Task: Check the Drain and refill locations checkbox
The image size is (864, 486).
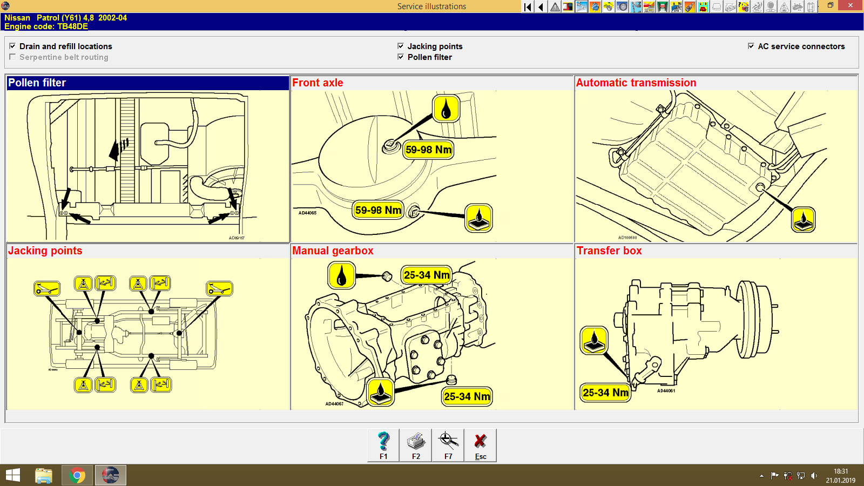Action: (x=12, y=46)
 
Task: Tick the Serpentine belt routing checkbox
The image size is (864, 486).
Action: (x=12, y=57)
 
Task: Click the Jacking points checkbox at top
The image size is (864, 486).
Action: (x=401, y=46)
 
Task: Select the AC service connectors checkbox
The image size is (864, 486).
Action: (x=751, y=46)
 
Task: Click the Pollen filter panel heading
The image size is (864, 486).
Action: (x=37, y=83)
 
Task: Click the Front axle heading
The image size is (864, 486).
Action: (x=318, y=83)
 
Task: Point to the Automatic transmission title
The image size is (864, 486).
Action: (x=636, y=83)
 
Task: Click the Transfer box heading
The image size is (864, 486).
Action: (x=609, y=251)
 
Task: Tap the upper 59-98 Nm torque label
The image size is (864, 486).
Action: (x=428, y=150)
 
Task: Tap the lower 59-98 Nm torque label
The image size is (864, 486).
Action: (x=378, y=210)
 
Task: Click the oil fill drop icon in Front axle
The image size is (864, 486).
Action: (x=446, y=109)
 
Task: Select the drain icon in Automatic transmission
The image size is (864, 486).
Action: (x=803, y=220)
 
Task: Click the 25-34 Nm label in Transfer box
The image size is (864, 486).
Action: (x=605, y=393)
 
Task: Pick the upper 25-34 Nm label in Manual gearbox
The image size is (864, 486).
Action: (x=426, y=275)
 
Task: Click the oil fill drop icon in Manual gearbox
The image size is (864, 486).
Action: (x=341, y=275)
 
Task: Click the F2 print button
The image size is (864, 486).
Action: (x=416, y=445)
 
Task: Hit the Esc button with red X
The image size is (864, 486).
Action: (x=480, y=445)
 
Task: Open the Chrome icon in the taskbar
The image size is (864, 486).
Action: (x=77, y=475)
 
